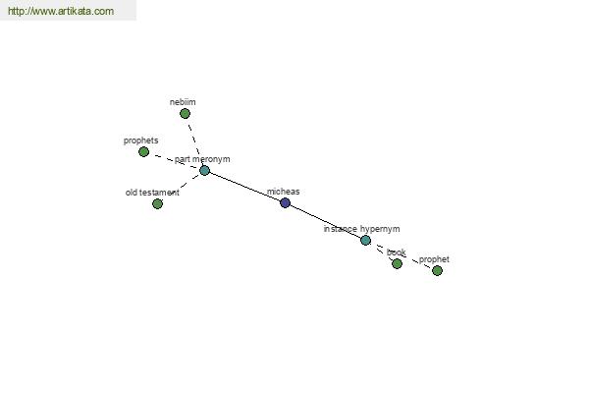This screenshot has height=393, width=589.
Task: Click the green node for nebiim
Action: click(185, 114)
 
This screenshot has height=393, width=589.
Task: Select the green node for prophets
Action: click(144, 152)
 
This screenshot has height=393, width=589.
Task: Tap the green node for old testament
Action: click(158, 203)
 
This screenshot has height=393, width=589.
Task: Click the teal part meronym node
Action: click(205, 170)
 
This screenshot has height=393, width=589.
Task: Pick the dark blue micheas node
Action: click(285, 203)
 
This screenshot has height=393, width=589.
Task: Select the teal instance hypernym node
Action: click(365, 241)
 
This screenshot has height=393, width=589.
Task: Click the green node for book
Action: click(397, 264)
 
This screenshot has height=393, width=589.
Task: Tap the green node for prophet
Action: click(437, 271)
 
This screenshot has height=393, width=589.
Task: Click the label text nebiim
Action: click(183, 102)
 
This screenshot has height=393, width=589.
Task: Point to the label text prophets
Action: click(140, 140)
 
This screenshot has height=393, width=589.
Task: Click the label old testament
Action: click(152, 193)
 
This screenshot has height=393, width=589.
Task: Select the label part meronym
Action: click(202, 159)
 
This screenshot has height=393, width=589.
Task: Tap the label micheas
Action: click(284, 192)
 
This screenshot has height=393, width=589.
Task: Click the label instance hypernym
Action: click(361, 229)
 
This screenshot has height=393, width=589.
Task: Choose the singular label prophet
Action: click(434, 259)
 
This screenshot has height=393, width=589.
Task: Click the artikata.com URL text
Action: click(61, 11)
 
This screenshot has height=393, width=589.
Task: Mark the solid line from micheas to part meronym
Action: click(244, 187)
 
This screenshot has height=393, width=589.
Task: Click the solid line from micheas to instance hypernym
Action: click(325, 222)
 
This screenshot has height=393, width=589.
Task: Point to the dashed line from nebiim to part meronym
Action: click(194, 140)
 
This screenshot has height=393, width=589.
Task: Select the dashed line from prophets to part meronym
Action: click(175, 161)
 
